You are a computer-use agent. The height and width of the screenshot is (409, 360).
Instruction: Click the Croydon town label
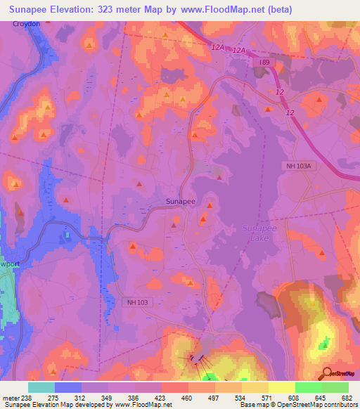point(26,23)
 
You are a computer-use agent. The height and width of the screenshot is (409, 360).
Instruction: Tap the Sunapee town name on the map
point(181,201)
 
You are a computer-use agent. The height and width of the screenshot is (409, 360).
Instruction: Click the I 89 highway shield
point(264,63)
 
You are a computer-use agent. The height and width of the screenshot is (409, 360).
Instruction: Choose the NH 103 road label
point(138,302)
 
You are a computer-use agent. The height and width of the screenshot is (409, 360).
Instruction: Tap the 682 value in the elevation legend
point(348,397)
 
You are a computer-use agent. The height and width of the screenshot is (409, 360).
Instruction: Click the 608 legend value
point(295,397)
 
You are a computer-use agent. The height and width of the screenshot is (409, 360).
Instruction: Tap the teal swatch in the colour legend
point(41,387)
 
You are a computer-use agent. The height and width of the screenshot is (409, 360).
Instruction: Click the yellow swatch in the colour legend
point(281,387)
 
